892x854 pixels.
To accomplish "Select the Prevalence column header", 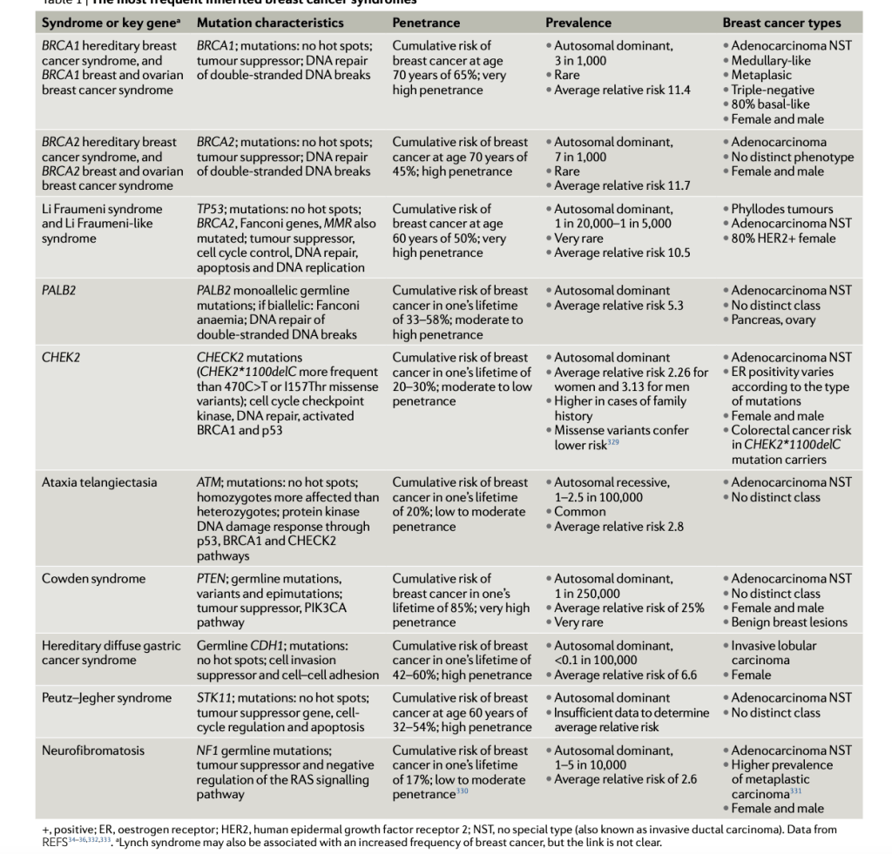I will click(578, 23).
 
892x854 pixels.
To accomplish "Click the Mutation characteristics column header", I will click(270, 23).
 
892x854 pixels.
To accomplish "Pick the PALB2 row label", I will click(59, 291).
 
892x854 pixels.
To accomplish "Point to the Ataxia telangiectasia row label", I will click(99, 483).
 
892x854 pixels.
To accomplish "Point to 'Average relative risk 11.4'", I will click(622, 90).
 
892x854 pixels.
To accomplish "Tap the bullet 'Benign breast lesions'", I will click(789, 623).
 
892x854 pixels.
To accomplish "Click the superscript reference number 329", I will click(617, 442).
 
